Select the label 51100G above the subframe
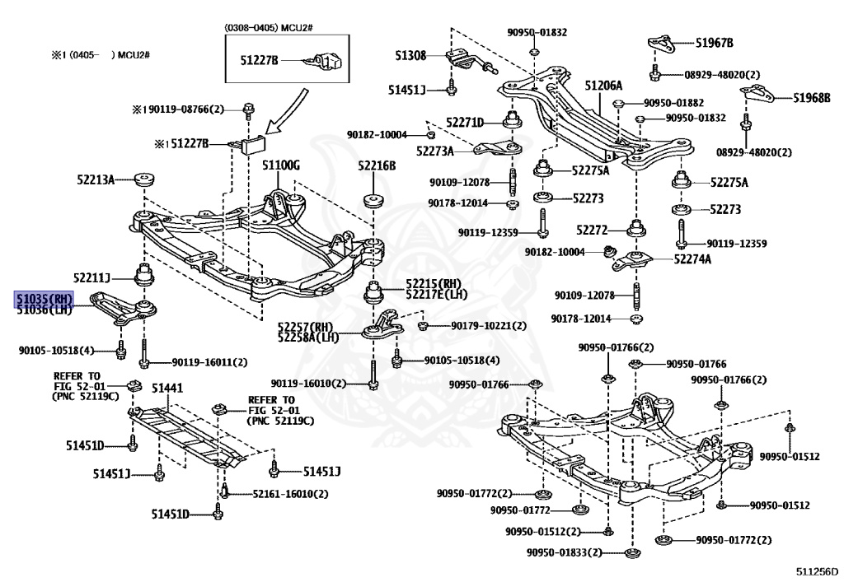(281, 166)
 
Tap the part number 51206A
(603, 86)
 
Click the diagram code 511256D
(816, 570)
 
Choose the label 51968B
(811, 98)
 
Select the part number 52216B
(377, 166)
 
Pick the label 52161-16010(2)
(279, 494)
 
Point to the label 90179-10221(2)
(488, 326)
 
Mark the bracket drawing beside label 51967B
(660, 44)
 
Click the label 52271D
(465, 122)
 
